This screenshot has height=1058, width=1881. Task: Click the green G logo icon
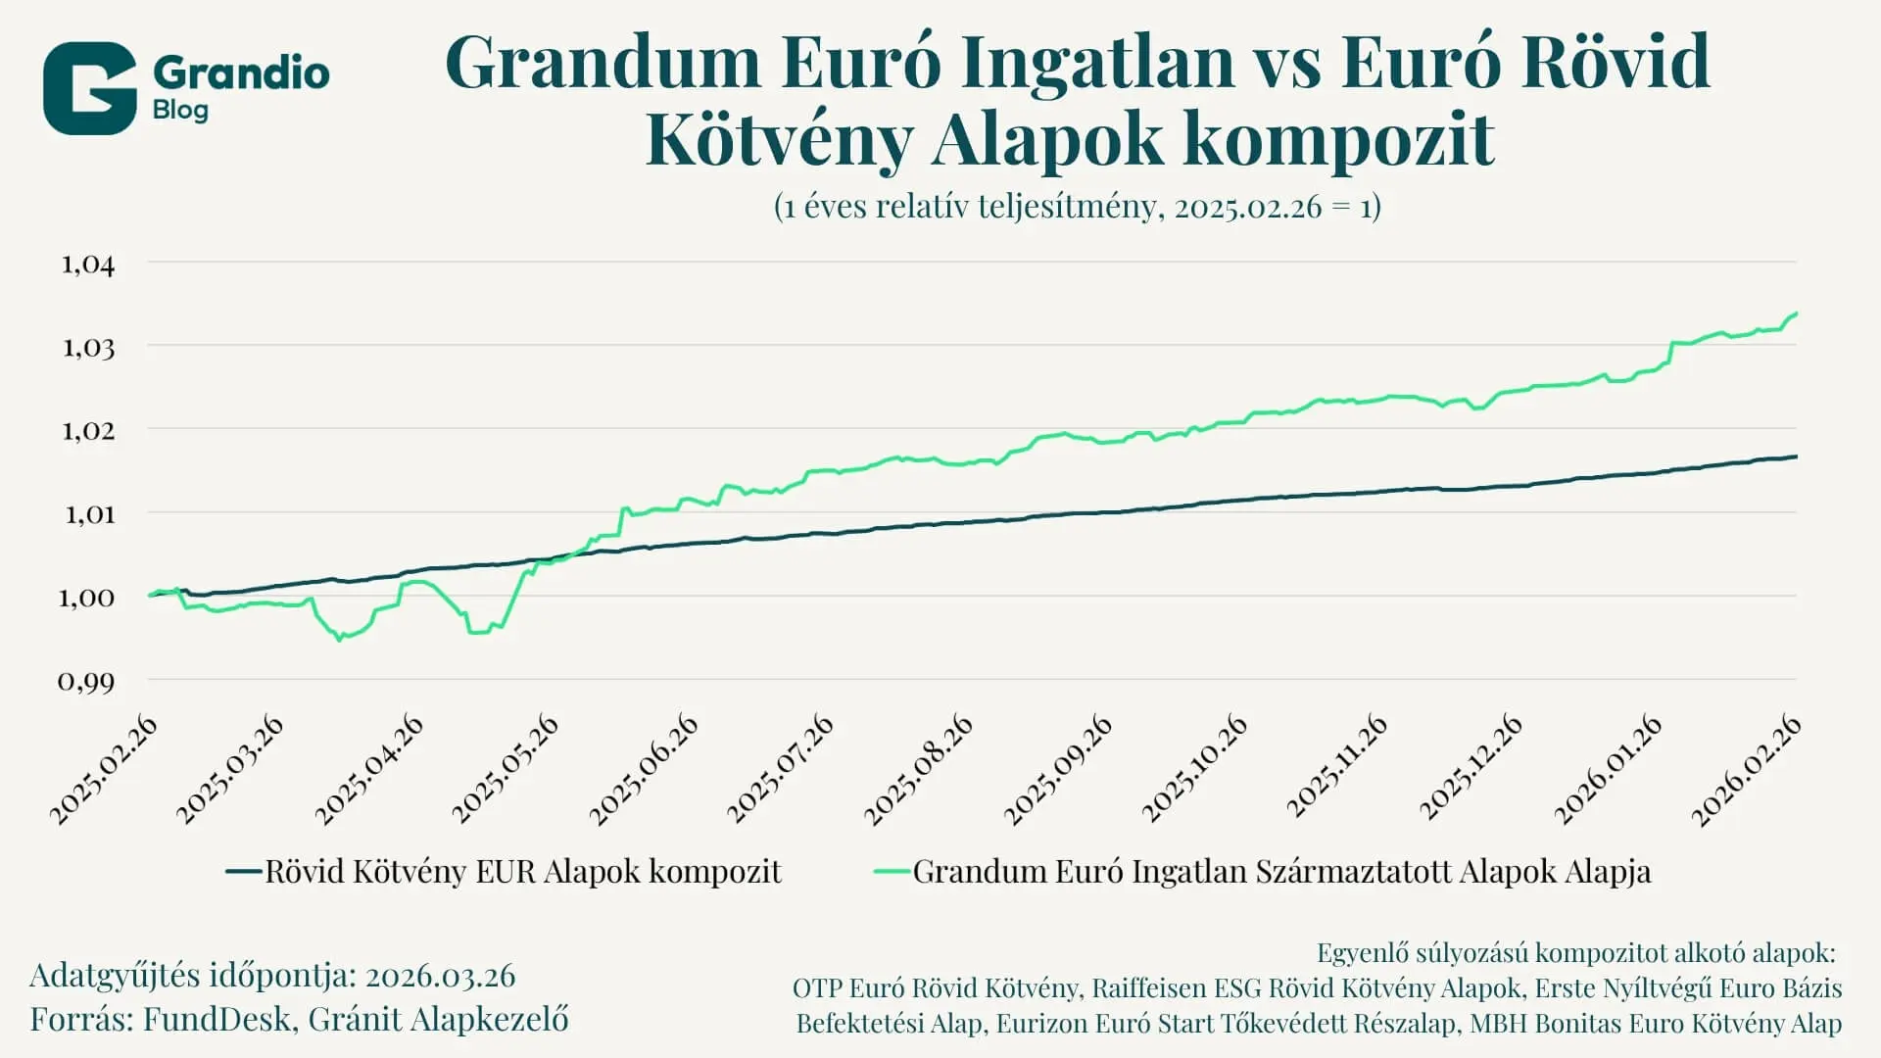click(x=89, y=88)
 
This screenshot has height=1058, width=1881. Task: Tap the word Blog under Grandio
click(x=180, y=110)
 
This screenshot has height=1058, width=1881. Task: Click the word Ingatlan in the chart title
click(x=1096, y=62)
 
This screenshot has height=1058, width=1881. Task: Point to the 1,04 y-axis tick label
click(x=88, y=264)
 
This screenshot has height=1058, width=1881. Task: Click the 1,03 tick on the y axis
click(x=88, y=348)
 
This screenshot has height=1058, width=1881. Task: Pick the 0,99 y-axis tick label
click(x=86, y=681)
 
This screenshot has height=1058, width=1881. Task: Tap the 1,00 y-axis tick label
click(x=86, y=598)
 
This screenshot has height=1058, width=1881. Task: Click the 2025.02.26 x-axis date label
click(x=104, y=770)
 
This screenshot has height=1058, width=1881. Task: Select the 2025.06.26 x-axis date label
click(x=645, y=770)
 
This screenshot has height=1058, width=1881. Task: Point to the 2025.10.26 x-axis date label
click(x=1195, y=770)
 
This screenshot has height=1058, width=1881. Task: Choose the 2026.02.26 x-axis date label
click(x=1747, y=770)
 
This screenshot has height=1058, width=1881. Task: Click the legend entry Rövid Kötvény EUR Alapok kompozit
click(x=522, y=872)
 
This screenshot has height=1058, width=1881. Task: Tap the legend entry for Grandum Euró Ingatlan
click(x=1281, y=872)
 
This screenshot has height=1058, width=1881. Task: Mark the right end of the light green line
click(x=1796, y=313)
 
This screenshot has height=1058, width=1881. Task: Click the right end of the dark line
click(x=1796, y=457)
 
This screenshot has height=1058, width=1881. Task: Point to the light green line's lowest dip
click(x=340, y=640)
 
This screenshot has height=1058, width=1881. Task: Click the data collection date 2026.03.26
click(x=440, y=976)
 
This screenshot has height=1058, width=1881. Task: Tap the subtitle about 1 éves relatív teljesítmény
click(x=1077, y=207)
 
